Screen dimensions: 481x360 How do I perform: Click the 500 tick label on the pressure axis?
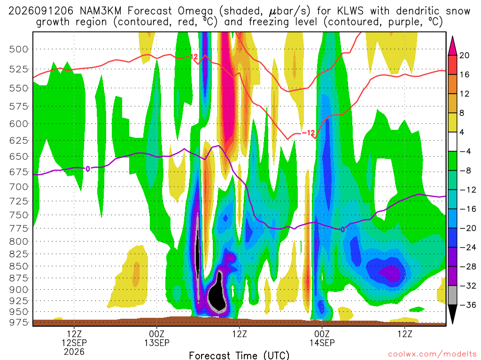pos(19,49)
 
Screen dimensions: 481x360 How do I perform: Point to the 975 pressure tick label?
pos(19,322)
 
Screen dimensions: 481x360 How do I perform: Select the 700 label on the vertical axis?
pos(19,187)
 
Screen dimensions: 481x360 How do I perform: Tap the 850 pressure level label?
pos(19,266)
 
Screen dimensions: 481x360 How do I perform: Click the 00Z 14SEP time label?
pos(322,338)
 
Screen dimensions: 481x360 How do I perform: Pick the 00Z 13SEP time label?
pos(157,338)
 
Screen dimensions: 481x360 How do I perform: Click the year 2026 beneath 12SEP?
pos(74,352)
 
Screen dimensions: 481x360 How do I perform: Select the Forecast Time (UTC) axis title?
pos(239,355)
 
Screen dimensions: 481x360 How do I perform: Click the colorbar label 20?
pos(465,55)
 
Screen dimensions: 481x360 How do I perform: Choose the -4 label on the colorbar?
pos(465,151)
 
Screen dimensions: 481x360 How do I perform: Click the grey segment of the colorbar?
pos(452,295)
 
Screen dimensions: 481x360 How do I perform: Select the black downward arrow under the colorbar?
pos(452,314)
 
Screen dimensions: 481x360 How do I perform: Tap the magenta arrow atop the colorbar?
pos(452,46)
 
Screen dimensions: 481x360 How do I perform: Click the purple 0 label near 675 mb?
pos(88,169)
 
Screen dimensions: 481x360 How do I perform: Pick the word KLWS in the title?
pos(350,11)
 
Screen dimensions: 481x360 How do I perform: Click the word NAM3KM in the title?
pos(101,11)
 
